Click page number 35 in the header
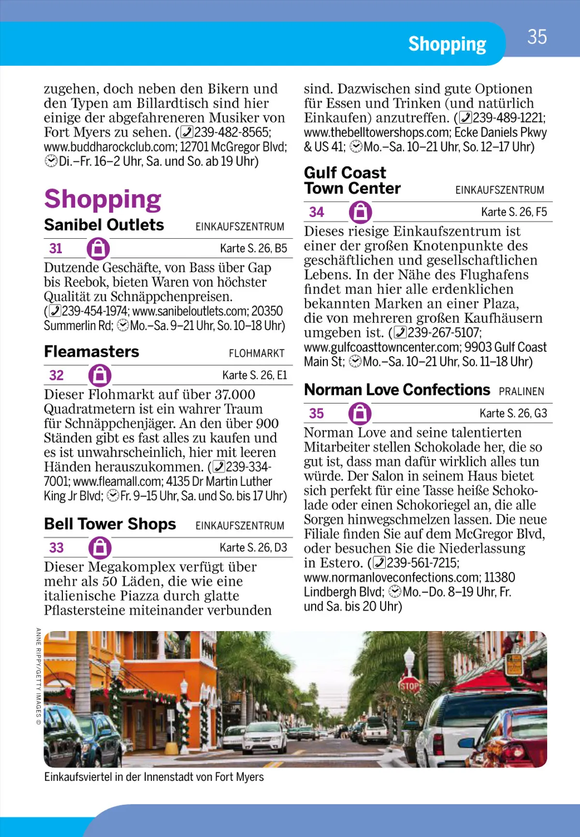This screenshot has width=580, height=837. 536,37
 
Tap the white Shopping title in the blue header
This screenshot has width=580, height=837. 447,44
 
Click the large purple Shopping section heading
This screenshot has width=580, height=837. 102,199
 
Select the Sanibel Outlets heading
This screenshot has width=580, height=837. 104,225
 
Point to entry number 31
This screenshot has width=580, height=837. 56,248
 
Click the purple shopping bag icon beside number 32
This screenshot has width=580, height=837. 100,375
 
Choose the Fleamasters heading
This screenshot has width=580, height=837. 91,352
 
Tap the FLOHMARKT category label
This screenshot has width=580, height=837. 257,354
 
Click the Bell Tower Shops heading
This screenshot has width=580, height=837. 110,524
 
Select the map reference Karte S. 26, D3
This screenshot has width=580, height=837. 253,548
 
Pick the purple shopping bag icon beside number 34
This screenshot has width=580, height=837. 360,212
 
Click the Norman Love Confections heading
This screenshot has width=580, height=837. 397,390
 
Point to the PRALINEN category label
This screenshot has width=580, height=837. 522,391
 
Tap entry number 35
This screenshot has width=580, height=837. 317,414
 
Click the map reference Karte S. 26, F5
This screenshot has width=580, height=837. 514,212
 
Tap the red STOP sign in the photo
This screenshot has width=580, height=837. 409,685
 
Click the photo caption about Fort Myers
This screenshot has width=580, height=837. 154,777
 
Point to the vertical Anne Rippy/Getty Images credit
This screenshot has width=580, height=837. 38,677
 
